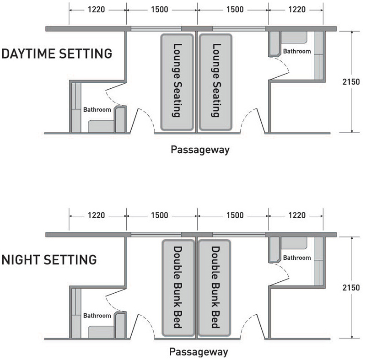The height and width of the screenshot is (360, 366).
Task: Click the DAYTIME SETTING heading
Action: coord(57,54)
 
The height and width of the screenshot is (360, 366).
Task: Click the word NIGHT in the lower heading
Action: coord(21,260)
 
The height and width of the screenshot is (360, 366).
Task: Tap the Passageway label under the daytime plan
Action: coord(200,150)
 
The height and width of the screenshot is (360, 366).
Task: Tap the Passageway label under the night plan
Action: coord(199,352)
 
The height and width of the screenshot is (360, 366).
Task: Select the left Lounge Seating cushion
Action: coord(177,82)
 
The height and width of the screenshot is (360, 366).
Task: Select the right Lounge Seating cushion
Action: coord(215,82)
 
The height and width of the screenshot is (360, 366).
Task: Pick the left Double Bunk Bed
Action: coord(178,288)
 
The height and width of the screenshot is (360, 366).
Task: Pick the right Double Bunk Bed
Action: coord(215,288)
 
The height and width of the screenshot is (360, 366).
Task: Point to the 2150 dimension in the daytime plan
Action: coord(351,82)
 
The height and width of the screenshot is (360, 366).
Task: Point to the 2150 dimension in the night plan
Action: coord(351,287)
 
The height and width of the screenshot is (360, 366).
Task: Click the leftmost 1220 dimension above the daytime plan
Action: coord(96,10)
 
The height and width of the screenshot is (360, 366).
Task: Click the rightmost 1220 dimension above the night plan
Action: coord(297,215)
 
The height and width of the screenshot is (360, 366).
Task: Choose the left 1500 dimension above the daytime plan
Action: coord(159,10)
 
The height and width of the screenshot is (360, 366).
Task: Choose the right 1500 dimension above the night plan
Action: coord(235,215)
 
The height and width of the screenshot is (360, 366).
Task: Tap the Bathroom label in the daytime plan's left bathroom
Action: coord(97,109)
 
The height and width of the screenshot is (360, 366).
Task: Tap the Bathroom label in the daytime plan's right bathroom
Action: coord(297,51)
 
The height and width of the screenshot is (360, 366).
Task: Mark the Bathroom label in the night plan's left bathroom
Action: coord(97,316)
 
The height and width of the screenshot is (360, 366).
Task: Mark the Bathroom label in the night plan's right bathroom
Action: coord(297,258)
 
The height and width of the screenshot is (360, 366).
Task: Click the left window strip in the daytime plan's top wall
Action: coord(156,29)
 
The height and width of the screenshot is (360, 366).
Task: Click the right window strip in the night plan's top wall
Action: coord(239,235)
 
